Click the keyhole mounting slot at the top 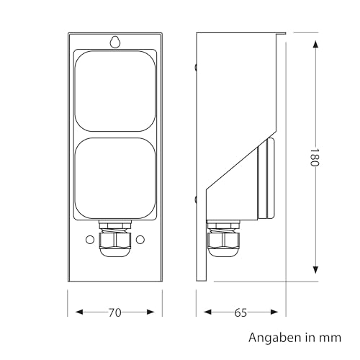coord(115,42)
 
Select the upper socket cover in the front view coord(115,91)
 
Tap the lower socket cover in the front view coord(115,178)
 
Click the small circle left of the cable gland coord(90,240)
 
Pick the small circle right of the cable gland coord(140,240)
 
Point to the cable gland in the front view coord(115,239)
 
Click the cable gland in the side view coord(223,239)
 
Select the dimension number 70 coord(115,312)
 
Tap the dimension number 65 coord(240,312)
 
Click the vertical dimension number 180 coord(314,158)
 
